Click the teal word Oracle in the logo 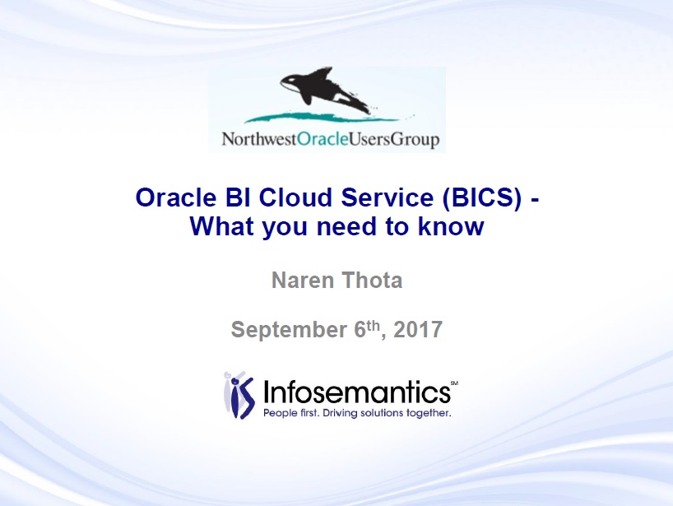(x=323, y=139)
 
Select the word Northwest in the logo (x=259, y=139)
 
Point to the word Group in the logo (x=415, y=140)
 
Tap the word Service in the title (x=388, y=197)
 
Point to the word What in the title (x=222, y=226)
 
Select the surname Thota (x=372, y=281)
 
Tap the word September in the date (x=289, y=330)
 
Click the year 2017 (x=418, y=330)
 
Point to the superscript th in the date (x=373, y=325)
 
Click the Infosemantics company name (x=357, y=392)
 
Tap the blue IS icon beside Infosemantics (x=239, y=395)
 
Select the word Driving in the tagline (x=341, y=413)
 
